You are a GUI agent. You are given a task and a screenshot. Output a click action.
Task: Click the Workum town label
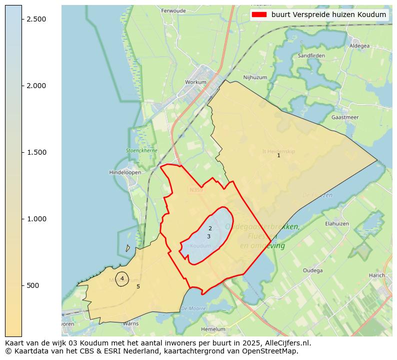(x=195, y=82)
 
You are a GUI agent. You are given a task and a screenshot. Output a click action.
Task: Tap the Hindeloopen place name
(x=125, y=172)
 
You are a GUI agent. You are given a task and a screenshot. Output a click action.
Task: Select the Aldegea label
(x=359, y=46)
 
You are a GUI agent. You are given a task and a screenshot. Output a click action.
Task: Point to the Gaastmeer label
(x=345, y=117)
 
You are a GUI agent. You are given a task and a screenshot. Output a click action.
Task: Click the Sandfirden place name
(x=311, y=56)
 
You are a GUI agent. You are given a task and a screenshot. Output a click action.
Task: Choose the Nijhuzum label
(x=255, y=78)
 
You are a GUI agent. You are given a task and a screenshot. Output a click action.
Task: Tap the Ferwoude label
(x=173, y=11)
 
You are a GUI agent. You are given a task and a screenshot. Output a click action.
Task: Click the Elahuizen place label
(x=336, y=224)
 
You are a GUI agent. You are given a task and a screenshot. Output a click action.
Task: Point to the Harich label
(x=377, y=275)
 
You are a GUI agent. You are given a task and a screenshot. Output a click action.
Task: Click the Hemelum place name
(x=213, y=329)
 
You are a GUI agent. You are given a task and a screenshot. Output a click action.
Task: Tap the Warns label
(x=130, y=323)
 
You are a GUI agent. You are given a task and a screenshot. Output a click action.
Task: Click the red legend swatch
(x=260, y=15)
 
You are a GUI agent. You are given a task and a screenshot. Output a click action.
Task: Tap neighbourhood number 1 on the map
(x=278, y=155)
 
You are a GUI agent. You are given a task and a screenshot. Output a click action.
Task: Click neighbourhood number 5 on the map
(x=138, y=286)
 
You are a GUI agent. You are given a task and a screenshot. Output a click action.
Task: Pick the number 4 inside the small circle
(x=122, y=278)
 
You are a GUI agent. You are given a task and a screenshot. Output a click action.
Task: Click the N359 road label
(x=195, y=190)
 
